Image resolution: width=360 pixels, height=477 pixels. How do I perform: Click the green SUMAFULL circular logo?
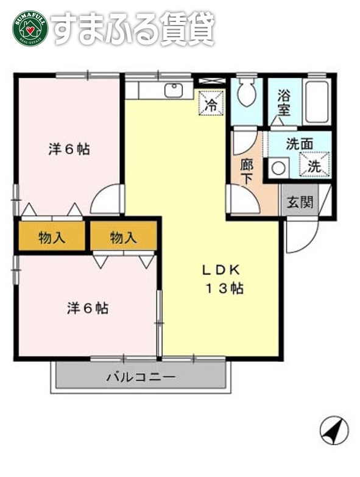coord(30,28)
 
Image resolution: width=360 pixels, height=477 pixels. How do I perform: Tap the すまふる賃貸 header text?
coord(133,28)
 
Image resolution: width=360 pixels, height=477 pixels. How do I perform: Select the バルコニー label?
coord(141,377)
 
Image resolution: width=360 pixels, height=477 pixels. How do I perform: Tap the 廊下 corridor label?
coord(247,171)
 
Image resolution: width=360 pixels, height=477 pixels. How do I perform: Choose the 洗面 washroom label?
coord(299,144)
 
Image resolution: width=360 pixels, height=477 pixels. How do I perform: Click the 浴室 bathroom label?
coord(284,104)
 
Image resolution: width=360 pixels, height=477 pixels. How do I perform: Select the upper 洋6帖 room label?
coord(69,149)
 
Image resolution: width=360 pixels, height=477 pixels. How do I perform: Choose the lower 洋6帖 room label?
coord(87,308)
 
